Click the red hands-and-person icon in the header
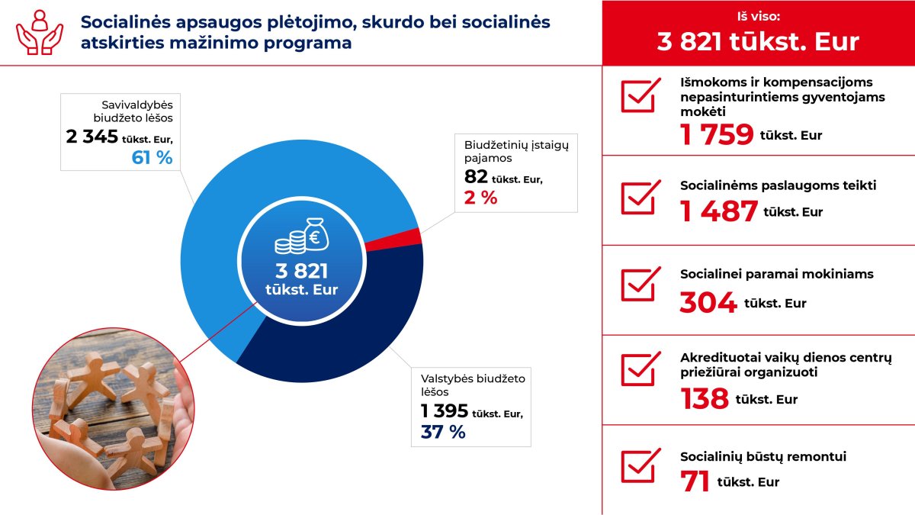coord(40,32)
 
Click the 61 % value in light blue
coord(152,158)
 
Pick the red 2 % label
coord(481,198)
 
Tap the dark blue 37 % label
coord(443,432)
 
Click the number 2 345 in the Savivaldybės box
coord(92,137)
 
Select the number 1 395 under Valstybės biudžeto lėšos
coord(445,411)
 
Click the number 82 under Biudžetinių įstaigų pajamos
coord(476,176)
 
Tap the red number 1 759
coord(717,134)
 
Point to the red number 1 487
coord(719,211)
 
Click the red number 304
coord(708,302)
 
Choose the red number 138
coord(705,398)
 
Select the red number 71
coord(695,481)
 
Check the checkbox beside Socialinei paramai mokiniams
coord(640,284)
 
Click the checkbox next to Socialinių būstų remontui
coord(640,465)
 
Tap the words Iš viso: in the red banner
coord(759,16)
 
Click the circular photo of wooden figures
coord(113,409)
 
